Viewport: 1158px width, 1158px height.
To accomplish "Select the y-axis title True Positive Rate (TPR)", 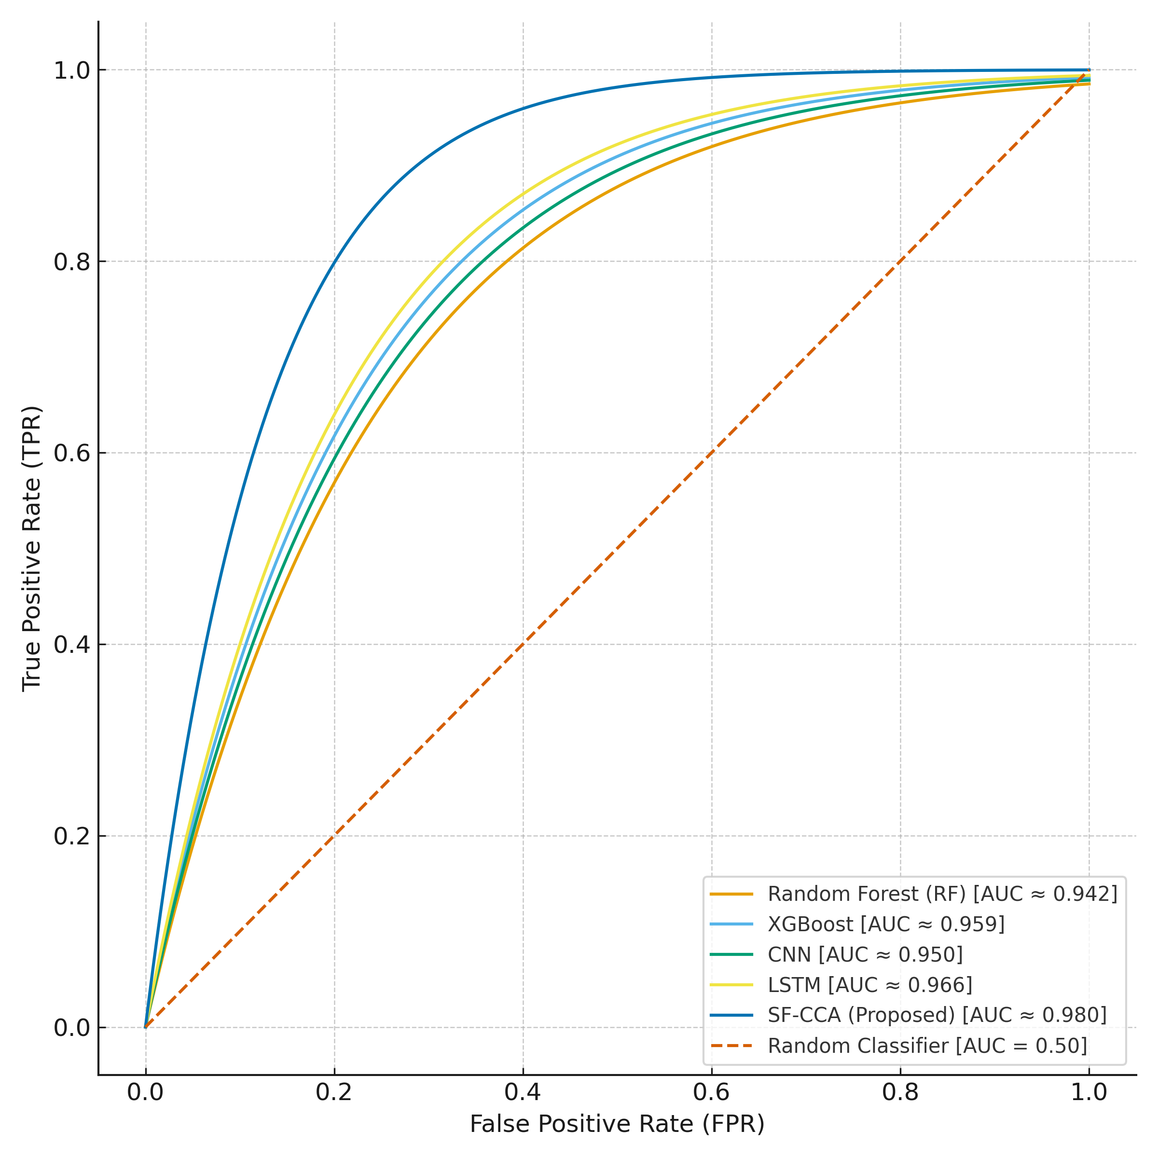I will click(31, 549).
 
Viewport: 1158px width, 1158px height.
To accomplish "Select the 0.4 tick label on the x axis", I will click(523, 1093).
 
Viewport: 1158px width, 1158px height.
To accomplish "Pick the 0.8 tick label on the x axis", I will click(900, 1093).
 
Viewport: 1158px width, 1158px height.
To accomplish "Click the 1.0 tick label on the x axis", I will click(1089, 1093).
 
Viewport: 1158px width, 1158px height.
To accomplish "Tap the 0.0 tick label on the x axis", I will click(145, 1093).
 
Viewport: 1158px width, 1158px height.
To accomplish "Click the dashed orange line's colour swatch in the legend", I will click(731, 1046).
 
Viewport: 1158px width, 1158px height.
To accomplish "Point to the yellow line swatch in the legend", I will click(731, 985).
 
